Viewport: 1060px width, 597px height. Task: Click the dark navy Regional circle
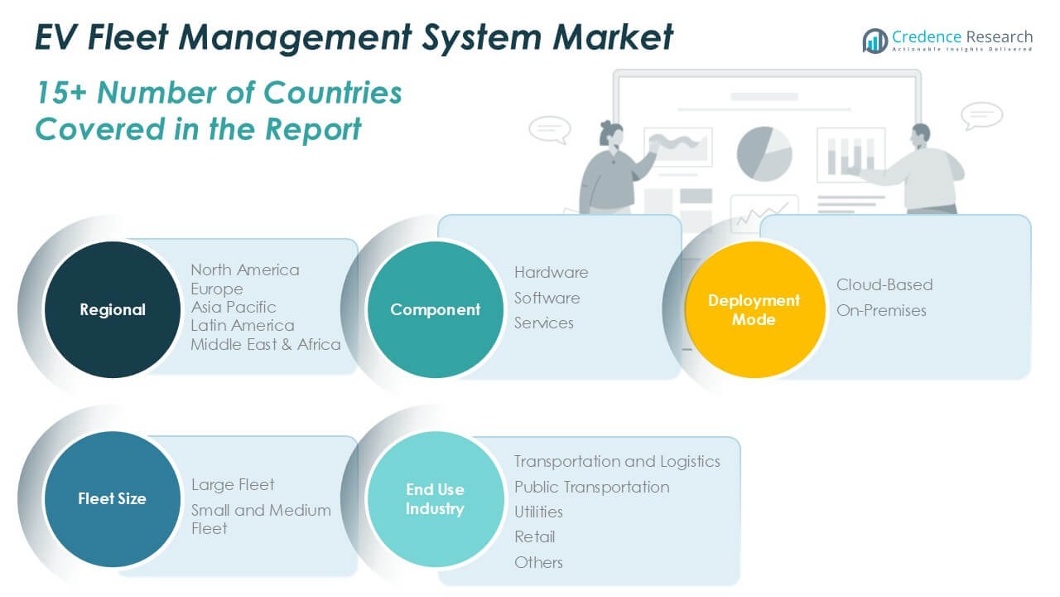[x=112, y=309]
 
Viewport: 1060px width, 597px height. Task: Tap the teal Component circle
[x=435, y=309]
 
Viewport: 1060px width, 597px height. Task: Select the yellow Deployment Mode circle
[x=754, y=309]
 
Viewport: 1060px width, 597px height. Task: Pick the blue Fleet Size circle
[x=112, y=498]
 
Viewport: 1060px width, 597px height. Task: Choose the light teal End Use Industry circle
[x=435, y=498]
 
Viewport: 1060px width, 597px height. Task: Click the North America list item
[x=245, y=269]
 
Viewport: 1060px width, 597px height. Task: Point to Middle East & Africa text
[x=266, y=344]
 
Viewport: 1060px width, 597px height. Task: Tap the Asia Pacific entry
[x=234, y=307]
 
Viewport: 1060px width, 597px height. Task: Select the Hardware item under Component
[x=551, y=272]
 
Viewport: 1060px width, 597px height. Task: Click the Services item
[x=544, y=323]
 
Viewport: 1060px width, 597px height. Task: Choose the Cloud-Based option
[x=884, y=284]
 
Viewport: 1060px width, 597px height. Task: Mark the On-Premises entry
[x=881, y=310]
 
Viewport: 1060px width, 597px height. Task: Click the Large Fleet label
[x=233, y=484]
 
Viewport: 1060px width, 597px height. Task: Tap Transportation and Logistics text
[x=617, y=461]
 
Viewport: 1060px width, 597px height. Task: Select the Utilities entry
[x=538, y=512]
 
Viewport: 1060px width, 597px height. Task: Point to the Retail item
[x=534, y=536]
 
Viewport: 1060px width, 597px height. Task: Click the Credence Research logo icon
[x=874, y=41]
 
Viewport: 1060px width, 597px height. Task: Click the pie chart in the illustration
[x=764, y=153]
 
